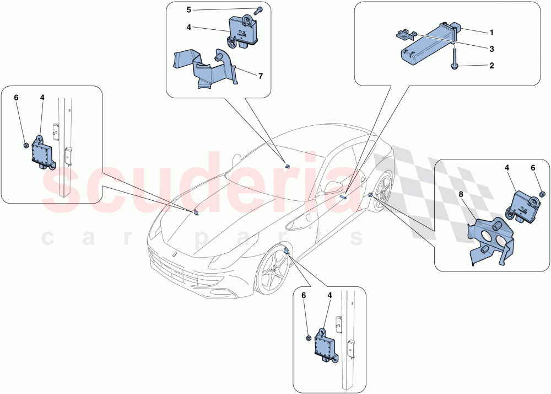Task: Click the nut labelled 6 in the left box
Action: [26, 146]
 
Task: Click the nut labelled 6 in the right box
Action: [542, 194]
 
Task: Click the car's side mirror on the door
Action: [332, 187]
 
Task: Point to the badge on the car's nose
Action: [173, 254]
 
